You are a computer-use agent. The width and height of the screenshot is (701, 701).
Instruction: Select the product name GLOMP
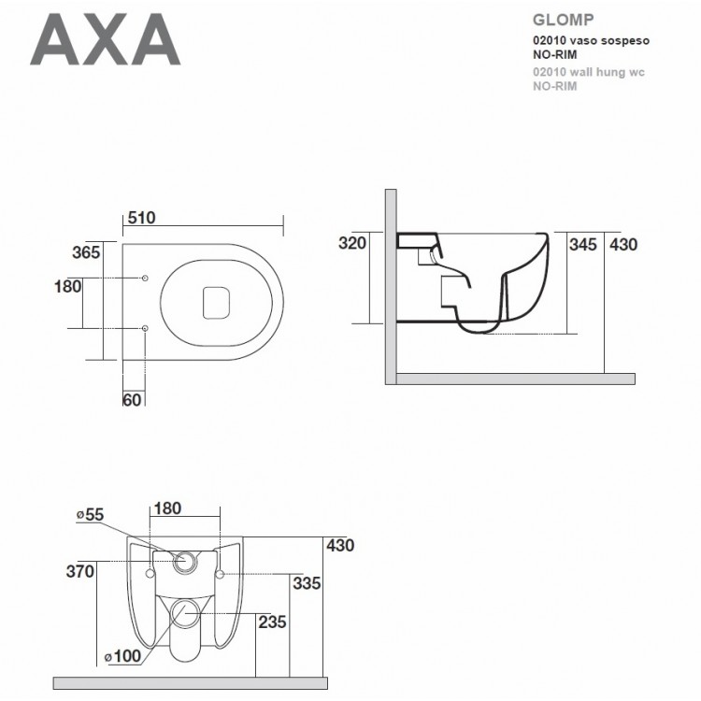(558, 18)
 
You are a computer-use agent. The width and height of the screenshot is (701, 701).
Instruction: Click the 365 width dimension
(87, 253)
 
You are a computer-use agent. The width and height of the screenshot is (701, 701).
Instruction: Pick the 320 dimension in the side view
(351, 243)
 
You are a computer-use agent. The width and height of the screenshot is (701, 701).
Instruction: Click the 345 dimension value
(583, 245)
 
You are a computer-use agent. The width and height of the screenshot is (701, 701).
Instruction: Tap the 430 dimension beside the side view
(623, 245)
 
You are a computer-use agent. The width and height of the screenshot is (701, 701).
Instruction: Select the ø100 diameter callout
(122, 657)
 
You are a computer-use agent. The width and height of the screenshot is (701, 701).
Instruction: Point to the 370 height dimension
(79, 571)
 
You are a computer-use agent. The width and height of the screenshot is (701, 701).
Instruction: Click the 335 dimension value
(306, 583)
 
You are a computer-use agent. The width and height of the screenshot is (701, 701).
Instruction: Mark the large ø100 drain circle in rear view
(186, 614)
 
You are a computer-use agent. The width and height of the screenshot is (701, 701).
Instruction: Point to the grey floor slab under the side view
(515, 379)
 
